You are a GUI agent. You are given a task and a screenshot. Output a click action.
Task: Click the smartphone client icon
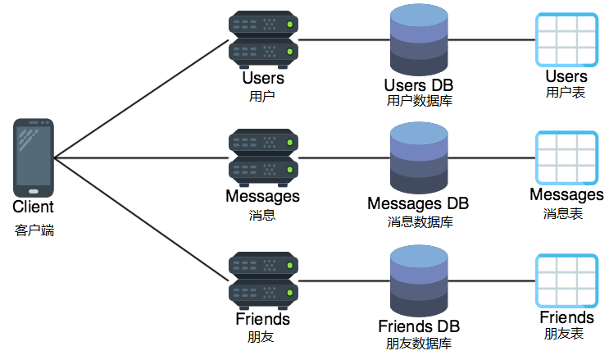tap(34, 157)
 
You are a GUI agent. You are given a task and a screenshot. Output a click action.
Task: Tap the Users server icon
tap(263, 40)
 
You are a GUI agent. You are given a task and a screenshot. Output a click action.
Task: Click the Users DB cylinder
tap(419, 39)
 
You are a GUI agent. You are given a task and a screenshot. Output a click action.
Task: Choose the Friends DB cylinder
tap(419, 278)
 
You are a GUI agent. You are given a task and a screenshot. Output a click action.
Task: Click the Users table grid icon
tap(566, 39)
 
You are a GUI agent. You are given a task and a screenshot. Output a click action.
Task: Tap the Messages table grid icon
tap(566, 157)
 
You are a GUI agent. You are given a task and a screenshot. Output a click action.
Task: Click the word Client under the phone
tap(34, 207)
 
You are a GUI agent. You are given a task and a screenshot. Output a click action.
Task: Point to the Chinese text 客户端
tap(34, 230)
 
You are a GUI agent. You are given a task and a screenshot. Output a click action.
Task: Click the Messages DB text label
tap(419, 203)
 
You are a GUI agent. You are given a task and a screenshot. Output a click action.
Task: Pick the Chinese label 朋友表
tap(566, 334)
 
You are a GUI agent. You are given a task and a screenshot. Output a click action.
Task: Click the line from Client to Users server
tap(139, 98)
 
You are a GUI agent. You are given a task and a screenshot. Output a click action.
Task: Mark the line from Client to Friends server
tap(139, 217)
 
